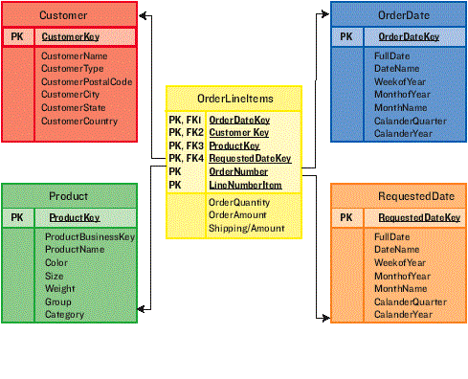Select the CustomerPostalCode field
pyautogui.click(x=86, y=82)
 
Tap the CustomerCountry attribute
pyautogui.click(x=78, y=122)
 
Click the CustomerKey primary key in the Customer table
pyautogui.click(x=69, y=37)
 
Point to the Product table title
pyautogui.click(x=68, y=196)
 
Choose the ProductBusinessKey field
pyautogui.click(x=89, y=236)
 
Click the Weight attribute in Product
pyautogui.click(x=59, y=288)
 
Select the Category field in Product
pyautogui.click(x=64, y=314)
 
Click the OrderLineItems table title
pyautogui.click(x=234, y=99)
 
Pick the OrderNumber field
pyautogui.click(x=239, y=171)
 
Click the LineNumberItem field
pyautogui.click(x=245, y=185)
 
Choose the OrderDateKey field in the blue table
pyautogui.click(x=409, y=36)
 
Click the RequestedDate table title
pyautogui.click(x=403, y=196)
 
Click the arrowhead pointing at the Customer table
pyautogui.click(x=143, y=16)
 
